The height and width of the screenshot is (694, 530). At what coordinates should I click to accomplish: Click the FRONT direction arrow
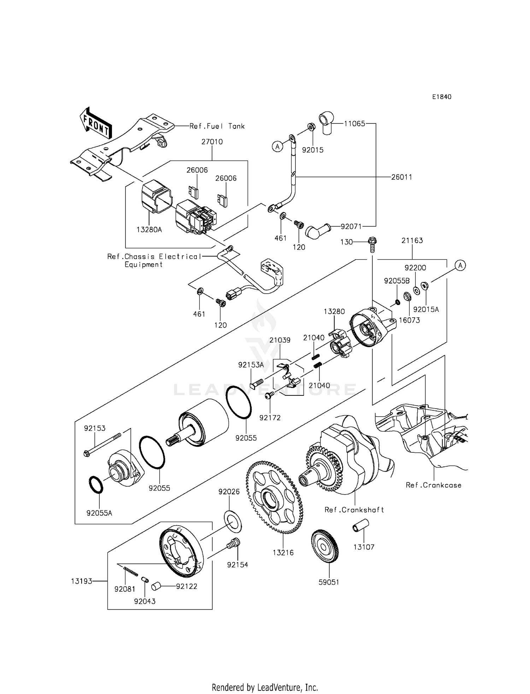point(96,123)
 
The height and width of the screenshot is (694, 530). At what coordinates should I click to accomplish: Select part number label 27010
point(212,142)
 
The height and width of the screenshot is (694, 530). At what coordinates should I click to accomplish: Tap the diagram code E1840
point(441,97)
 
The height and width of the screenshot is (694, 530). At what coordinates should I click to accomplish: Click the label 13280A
point(149,230)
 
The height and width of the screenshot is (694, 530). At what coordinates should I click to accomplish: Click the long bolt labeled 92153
point(102,444)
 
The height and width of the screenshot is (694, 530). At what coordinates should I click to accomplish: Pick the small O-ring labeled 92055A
point(95,485)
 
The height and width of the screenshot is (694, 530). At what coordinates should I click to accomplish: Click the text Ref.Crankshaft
point(354,510)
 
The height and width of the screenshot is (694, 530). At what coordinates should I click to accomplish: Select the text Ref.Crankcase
point(434,485)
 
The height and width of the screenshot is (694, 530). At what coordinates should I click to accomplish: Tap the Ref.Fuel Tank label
point(217,126)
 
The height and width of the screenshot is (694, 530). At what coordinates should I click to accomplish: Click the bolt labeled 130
point(372,244)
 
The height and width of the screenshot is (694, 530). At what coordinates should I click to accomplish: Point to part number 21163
point(412,241)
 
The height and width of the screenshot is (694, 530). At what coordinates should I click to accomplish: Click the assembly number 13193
point(82,581)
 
